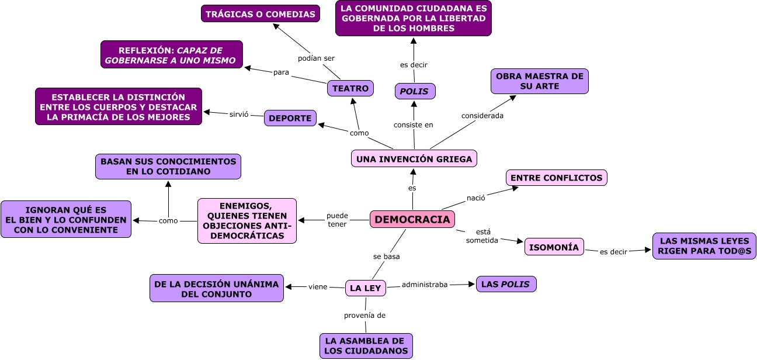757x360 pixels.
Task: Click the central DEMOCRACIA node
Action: [412, 219]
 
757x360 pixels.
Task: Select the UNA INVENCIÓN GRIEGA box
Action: [414, 158]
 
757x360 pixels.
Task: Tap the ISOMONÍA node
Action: [554, 247]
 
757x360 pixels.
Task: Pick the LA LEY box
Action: [365, 288]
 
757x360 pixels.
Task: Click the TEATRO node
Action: [350, 88]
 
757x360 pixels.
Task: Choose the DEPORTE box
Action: [290, 118]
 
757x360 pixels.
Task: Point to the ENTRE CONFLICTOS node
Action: [556, 178]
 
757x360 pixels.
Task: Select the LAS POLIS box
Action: [506, 284]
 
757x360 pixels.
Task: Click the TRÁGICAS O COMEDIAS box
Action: [261, 14]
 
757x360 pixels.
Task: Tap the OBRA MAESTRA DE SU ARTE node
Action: [539, 81]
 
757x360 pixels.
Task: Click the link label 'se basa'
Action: [386, 256]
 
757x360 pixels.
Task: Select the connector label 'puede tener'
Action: [337, 220]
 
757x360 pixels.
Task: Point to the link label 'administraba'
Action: [425, 285]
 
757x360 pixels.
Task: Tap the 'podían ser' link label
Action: [316, 58]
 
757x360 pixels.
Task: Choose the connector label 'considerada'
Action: [482, 115]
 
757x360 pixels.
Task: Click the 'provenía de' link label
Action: [364, 315]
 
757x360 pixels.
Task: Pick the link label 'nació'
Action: [475, 198]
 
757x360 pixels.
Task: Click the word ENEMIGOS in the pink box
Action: [246, 206]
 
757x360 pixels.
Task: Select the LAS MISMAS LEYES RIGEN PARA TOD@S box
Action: [704, 246]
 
